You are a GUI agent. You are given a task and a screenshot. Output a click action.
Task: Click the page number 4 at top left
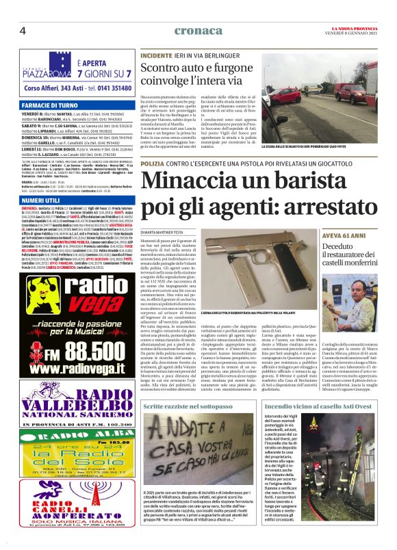click(23, 31)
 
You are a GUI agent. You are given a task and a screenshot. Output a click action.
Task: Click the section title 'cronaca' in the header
click(198, 30)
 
